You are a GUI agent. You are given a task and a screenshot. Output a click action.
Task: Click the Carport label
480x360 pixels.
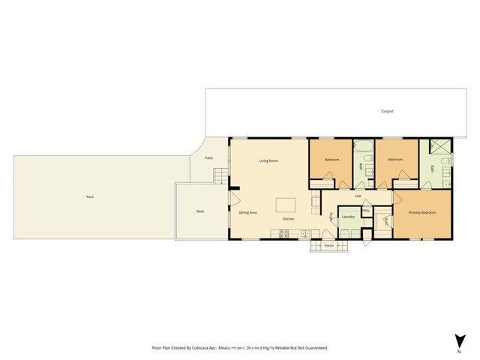point(387,111)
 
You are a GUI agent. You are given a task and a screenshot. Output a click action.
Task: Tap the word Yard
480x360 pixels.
point(90,196)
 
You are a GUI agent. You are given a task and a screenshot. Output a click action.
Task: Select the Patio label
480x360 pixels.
point(209,157)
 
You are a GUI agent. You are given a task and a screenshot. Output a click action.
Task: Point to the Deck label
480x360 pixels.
point(200,211)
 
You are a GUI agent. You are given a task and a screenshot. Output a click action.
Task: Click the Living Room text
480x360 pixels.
point(268,160)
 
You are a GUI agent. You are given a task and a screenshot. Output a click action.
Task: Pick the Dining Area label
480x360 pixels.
point(248,213)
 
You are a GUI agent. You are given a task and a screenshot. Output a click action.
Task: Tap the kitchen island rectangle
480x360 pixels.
point(286,205)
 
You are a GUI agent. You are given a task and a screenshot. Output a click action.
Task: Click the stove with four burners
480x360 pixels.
point(285,233)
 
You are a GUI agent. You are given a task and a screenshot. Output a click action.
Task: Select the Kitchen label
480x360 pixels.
point(288,218)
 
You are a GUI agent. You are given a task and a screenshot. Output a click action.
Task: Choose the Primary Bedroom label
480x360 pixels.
point(421,213)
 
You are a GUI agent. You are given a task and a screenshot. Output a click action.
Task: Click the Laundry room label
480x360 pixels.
point(348,217)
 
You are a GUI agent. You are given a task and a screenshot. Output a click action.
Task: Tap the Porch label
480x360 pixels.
point(328,245)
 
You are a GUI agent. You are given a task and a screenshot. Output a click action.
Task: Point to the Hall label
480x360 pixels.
point(358,196)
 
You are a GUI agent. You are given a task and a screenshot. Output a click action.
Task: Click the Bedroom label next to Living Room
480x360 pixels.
point(333,160)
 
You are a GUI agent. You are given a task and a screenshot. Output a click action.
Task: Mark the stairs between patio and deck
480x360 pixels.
point(220,177)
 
